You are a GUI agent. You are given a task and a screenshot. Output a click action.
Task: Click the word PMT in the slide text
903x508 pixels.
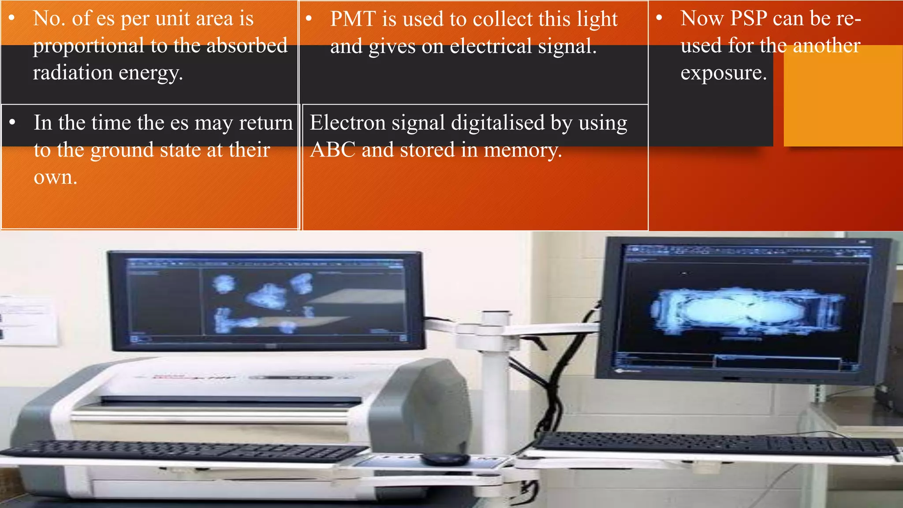352,19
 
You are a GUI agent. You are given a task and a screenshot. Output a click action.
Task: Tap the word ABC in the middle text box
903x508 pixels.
332,150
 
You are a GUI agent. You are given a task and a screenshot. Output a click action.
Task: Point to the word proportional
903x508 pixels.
89,46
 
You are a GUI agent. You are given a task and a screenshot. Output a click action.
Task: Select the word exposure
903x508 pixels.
724,73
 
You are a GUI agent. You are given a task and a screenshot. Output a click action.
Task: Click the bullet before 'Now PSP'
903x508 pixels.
659,19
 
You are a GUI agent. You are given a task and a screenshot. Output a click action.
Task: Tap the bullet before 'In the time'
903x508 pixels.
13,122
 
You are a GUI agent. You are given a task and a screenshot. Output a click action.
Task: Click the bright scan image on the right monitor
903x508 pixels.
745,311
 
